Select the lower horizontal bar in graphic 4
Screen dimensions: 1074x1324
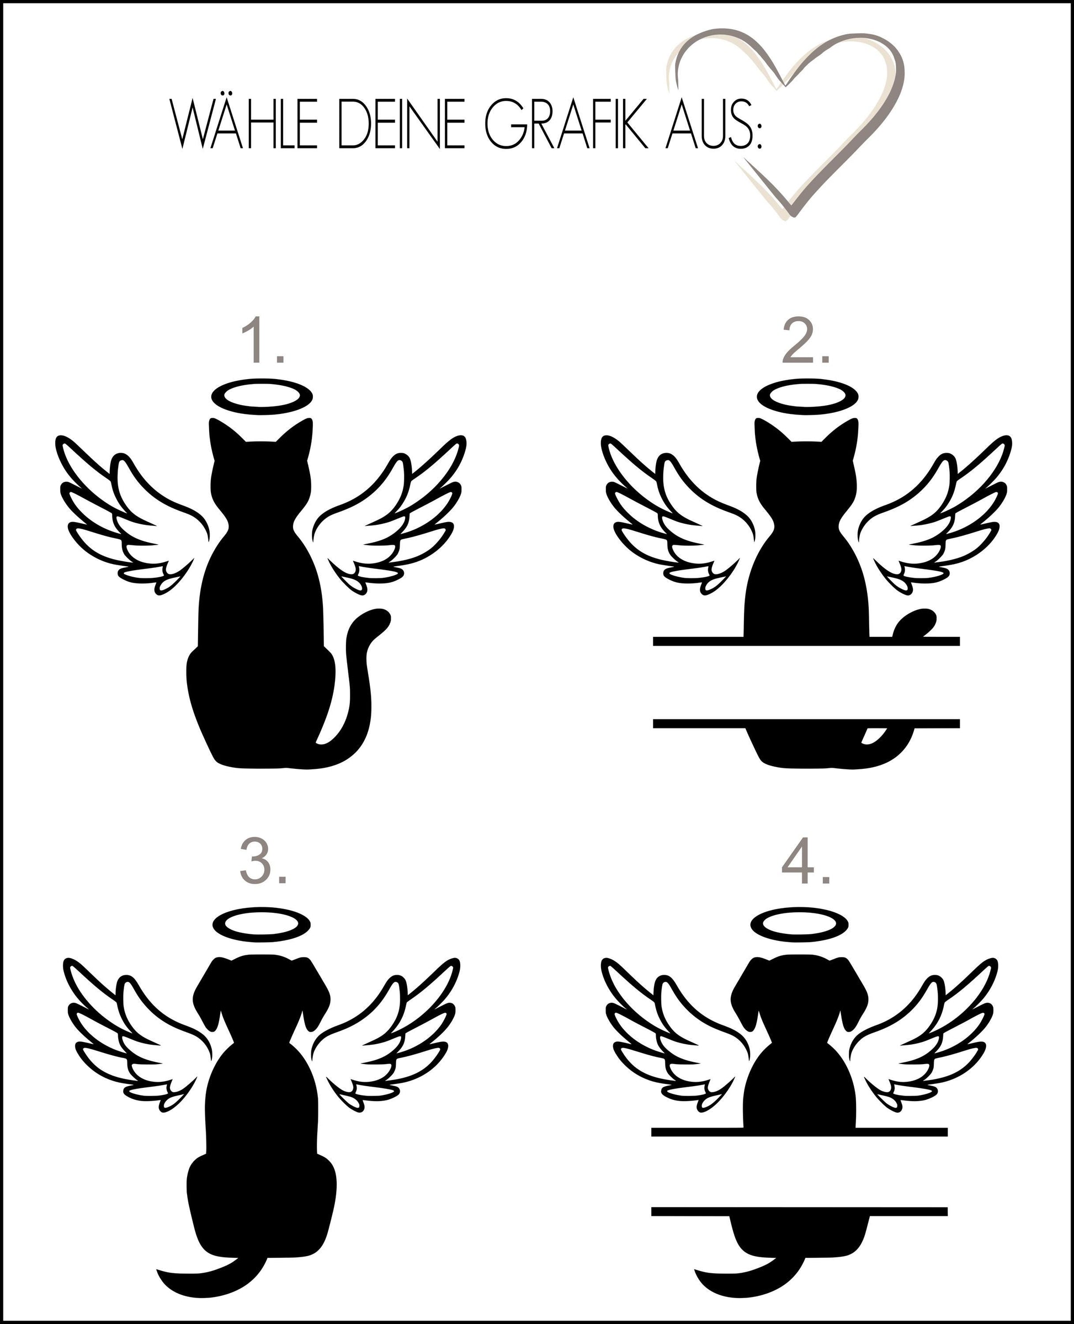[799, 1211]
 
